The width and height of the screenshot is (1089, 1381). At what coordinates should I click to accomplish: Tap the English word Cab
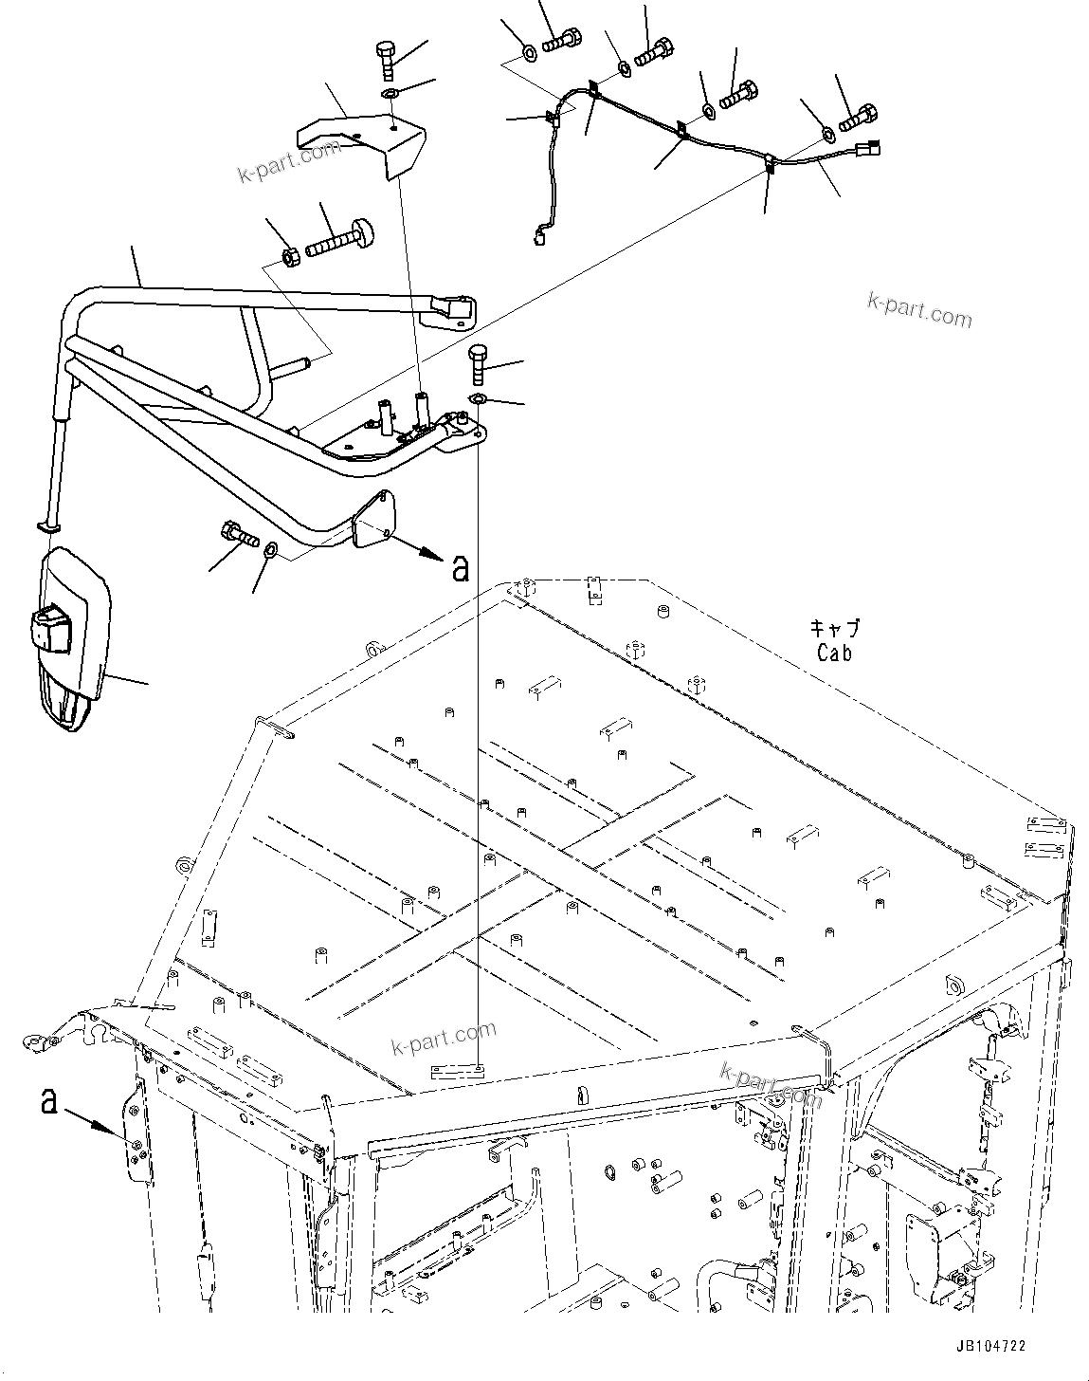[x=834, y=653]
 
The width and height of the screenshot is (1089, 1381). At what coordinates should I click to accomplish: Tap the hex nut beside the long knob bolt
[x=293, y=256]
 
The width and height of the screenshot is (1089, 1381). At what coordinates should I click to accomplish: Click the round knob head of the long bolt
[x=365, y=229]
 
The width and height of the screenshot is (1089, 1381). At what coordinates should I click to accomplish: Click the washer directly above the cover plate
[x=390, y=94]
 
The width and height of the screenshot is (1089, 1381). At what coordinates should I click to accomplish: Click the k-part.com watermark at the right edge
[x=919, y=309]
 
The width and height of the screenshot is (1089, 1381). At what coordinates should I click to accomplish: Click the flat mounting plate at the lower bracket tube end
[x=372, y=521]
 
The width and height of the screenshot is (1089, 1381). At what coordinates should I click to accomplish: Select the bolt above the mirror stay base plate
[x=479, y=364]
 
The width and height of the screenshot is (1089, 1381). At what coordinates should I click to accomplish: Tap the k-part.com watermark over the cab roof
[x=444, y=1038]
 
